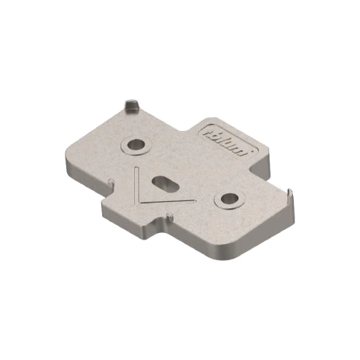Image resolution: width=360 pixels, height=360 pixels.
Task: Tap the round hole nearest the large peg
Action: pyautogui.click(x=136, y=145)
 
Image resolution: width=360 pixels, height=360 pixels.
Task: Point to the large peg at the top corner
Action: pyautogui.click(x=132, y=105)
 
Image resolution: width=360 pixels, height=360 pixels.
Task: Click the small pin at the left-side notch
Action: pyautogui.click(x=112, y=182)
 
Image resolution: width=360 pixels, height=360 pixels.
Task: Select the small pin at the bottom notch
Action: pyautogui.click(x=169, y=216)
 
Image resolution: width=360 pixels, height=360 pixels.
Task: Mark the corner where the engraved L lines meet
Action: pyautogui.click(x=138, y=203)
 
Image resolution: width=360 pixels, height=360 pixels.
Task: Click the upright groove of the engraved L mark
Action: pyautogui.click(x=136, y=184)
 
